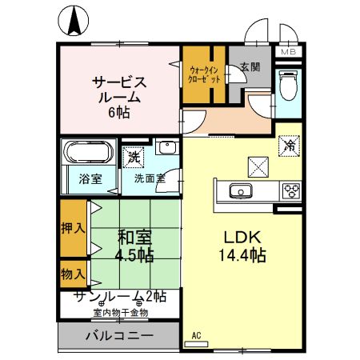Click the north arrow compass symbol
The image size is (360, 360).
tap(74, 21)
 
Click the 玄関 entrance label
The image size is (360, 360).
tap(249, 68)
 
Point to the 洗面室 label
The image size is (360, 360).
tap(149, 178)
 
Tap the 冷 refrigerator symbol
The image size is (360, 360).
tap(289, 147)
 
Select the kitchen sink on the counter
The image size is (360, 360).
tap(240, 190)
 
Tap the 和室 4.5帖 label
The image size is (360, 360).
tap(135, 246)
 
